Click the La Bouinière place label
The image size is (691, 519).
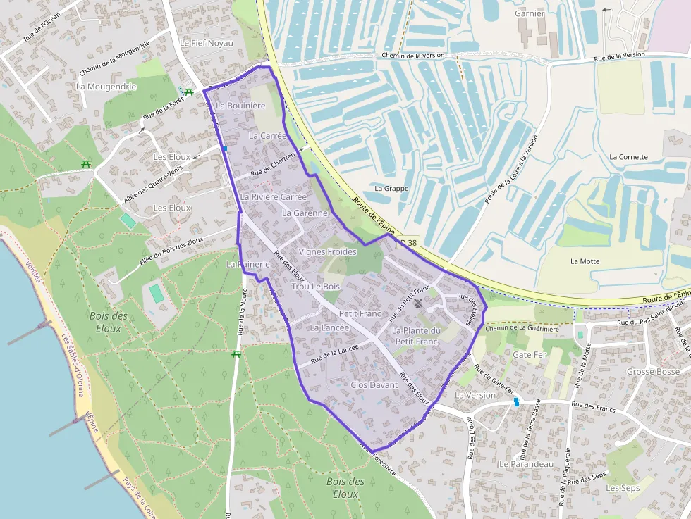click(240, 106)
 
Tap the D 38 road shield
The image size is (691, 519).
click(408, 242)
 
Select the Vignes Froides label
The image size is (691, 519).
click(328, 251)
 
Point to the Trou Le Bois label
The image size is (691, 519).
click(315, 287)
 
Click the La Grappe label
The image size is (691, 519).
click(391, 189)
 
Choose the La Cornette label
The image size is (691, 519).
click(628, 157)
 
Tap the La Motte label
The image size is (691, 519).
click(585, 261)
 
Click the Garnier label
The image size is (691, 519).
click(530, 13)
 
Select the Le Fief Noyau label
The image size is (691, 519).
click(206, 43)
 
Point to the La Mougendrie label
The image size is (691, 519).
click(106, 87)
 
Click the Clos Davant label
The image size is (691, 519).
click(374, 385)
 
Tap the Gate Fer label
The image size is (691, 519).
click(530, 354)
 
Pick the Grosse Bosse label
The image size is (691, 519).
click(653, 371)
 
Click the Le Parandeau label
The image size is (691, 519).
click(526, 464)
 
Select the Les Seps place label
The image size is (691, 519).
click(623, 488)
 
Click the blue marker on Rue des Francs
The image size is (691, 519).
click(516, 401)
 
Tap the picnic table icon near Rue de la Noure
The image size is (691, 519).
click(236, 354)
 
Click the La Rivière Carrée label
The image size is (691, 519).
click(274, 197)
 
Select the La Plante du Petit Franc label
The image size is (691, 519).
click(416, 336)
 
